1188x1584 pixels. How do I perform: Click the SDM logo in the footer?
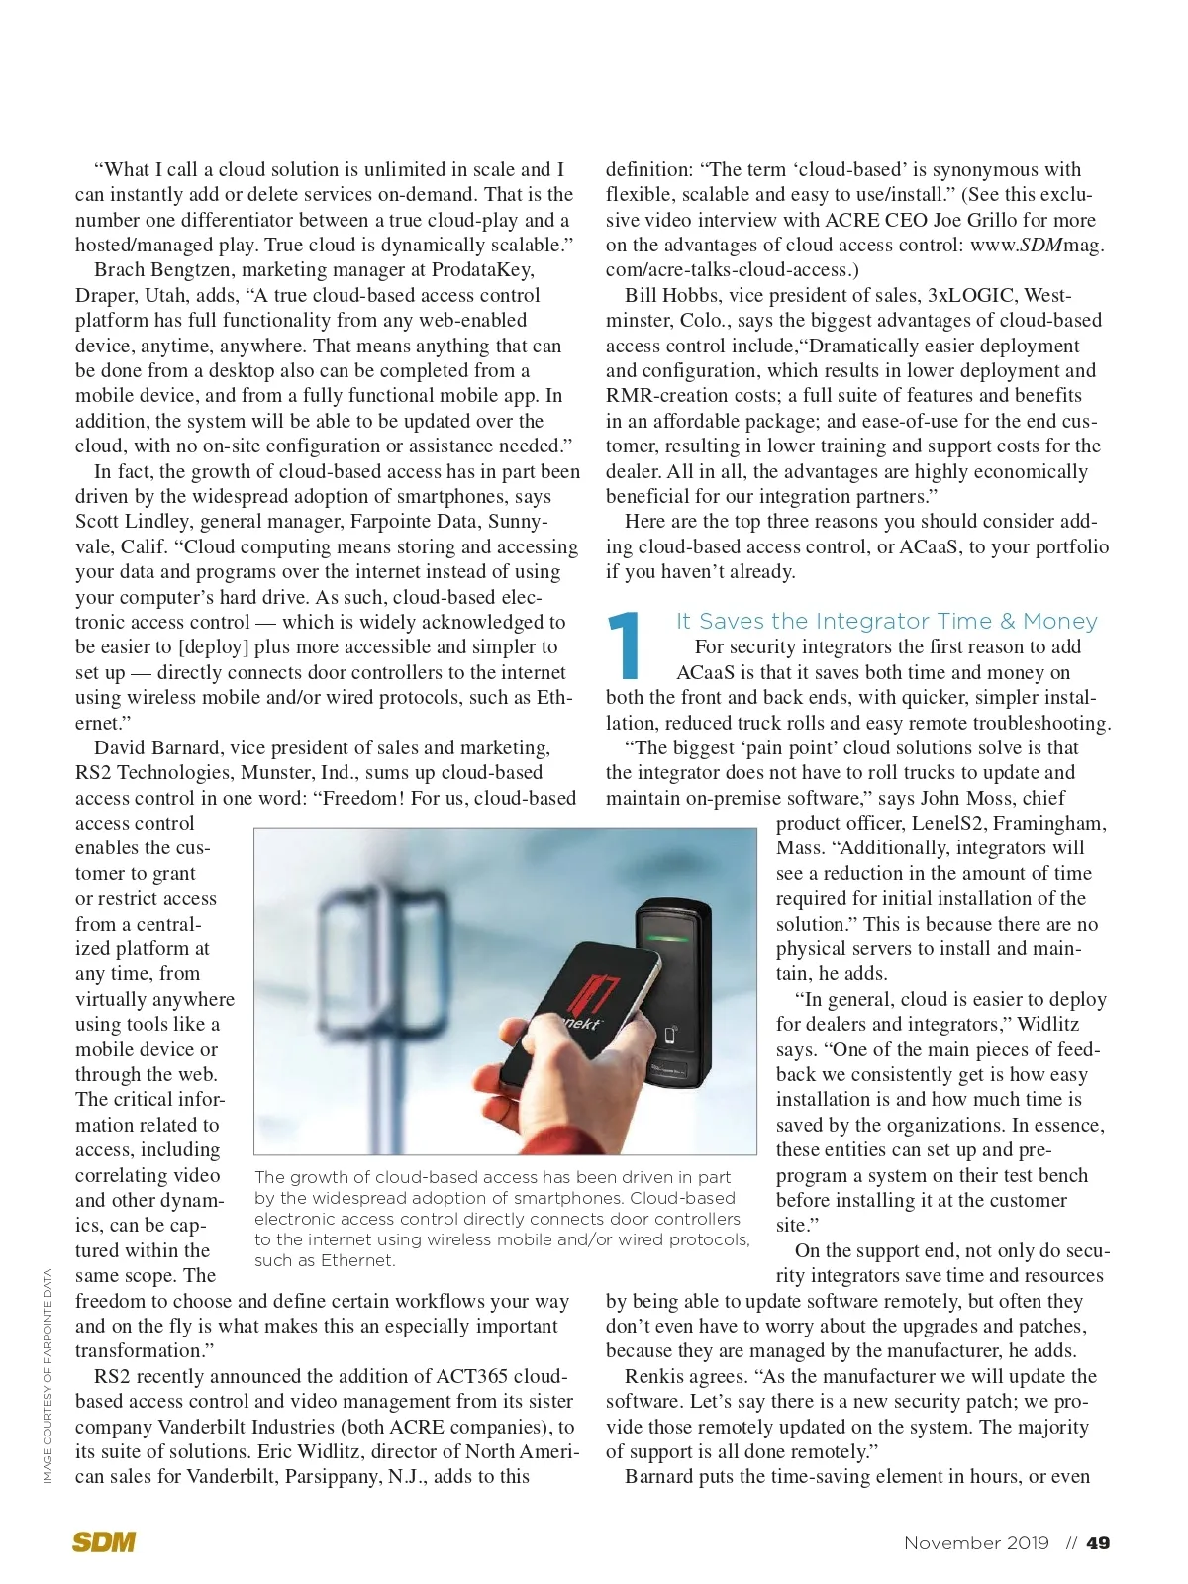tap(104, 1541)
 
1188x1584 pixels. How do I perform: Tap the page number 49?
tap(1098, 1542)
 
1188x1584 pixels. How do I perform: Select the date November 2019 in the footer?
tap(976, 1542)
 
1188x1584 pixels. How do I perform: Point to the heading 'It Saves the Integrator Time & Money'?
tap(886, 621)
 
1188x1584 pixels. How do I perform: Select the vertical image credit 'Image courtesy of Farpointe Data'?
tap(48, 1376)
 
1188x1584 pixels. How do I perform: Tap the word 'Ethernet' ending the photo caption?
tap(357, 1260)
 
